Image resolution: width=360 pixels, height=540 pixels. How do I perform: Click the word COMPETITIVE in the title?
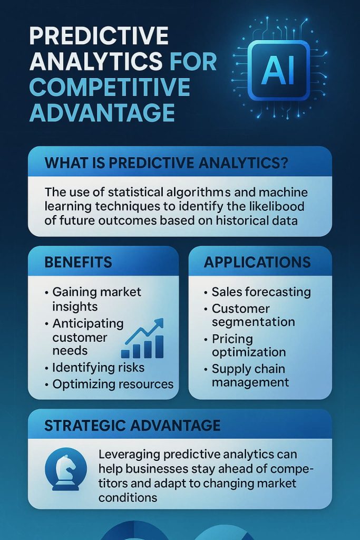pyautogui.click(x=109, y=87)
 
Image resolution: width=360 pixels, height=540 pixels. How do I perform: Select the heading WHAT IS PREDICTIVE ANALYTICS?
pyautogui.click(x=166, y=162)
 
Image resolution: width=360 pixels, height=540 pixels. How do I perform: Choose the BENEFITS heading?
pyautogui.click(x=79, y=262)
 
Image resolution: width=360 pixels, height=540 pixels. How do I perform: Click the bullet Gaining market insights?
pyautogui.click(x=96, y=299)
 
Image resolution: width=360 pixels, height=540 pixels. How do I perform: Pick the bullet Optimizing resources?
pyautogui.click(x=113, y=384)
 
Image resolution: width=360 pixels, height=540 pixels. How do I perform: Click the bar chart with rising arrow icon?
pyautogui.click(x=142, y=339)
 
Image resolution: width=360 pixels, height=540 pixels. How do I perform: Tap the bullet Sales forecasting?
pyautogui.click(x=261, y=292)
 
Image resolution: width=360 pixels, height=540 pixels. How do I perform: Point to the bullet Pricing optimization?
pyautogui.click(x=248, y=345)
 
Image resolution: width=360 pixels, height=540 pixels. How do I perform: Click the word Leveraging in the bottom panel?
pyautogui.click(x=131, y=455)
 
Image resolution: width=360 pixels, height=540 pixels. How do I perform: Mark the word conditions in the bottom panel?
pyautogui.click(x=128, y=497)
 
